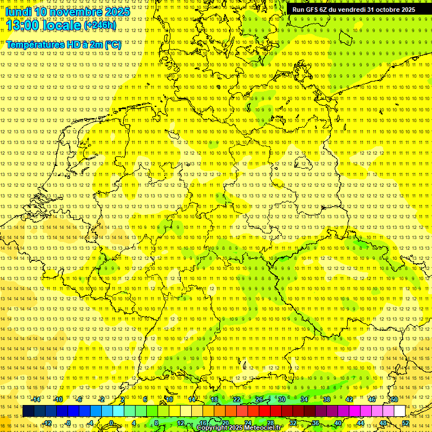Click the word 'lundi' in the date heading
(x=19, y=11)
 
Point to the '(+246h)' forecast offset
(x=100, y=25)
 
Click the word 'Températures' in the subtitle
(x=34, y=44)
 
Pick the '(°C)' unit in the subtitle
(x=112, y=44)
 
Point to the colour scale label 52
(x=406, y=423)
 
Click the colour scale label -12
(x=47, y=423)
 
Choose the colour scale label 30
(x=281, y=399)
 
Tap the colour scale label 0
(x=111, y=423)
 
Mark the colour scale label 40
(x=337, y=423)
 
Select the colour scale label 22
(x=236, y=399)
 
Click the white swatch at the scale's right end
(x=399, y=411)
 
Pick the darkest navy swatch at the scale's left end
(x=28, y=411)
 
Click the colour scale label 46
(x=371, y=399)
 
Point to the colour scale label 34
(x=304, y=399)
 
